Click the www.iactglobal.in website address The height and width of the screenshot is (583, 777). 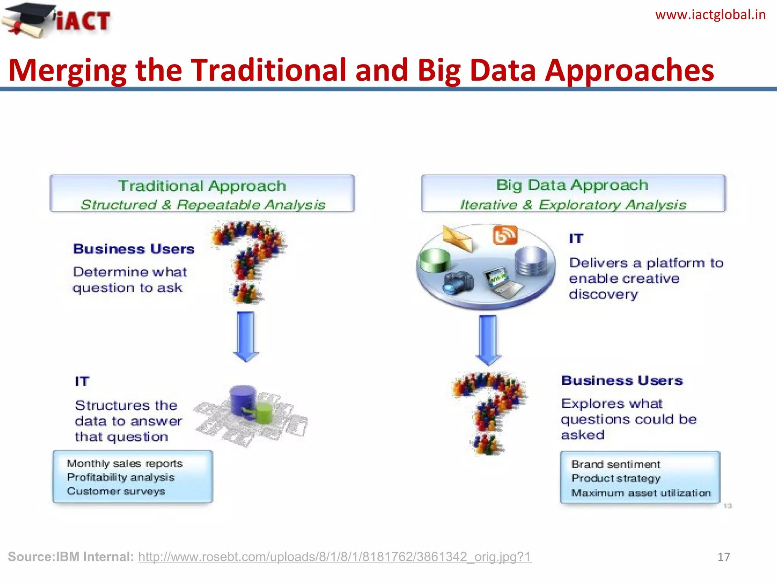710,15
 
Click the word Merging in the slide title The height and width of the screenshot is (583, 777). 68,71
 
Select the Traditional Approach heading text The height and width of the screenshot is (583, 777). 202,186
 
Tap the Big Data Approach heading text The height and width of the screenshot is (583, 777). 572,185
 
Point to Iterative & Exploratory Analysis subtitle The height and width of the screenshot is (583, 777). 573,205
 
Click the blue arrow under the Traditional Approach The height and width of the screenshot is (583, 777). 246,336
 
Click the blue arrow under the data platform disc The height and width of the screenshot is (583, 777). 488,340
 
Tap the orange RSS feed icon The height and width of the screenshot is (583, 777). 505,235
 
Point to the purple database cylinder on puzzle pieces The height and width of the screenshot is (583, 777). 243,400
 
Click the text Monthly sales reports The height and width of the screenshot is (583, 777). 125,463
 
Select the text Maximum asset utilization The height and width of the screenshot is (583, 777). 641,493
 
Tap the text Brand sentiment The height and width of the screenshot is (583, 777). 616,464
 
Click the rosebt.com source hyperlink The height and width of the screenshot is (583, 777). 335,557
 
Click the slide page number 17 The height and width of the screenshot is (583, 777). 724,557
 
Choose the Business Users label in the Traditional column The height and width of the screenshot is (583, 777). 134,249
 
